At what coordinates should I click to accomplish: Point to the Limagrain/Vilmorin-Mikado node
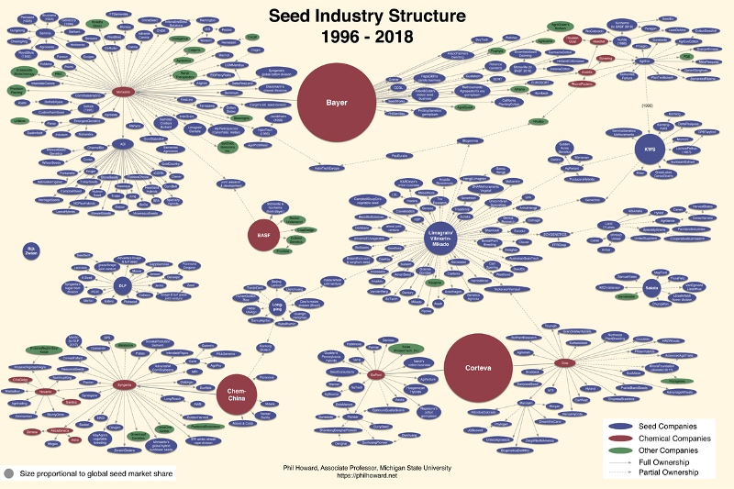[439, 238]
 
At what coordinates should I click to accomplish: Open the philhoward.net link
[367, 476]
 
